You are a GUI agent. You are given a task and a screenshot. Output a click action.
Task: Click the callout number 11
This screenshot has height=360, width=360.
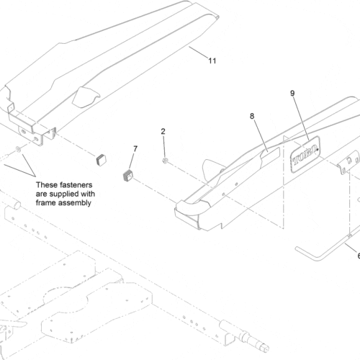coord(212,61)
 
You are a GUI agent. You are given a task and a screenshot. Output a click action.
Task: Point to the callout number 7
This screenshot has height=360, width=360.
coord(134,149)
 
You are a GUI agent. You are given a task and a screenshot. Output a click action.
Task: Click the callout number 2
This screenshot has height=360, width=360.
coord(163,132)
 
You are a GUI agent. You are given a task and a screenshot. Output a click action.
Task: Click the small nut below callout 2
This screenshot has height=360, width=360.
coord(166,159)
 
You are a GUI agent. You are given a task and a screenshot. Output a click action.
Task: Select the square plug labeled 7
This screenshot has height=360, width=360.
coord(130,174)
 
